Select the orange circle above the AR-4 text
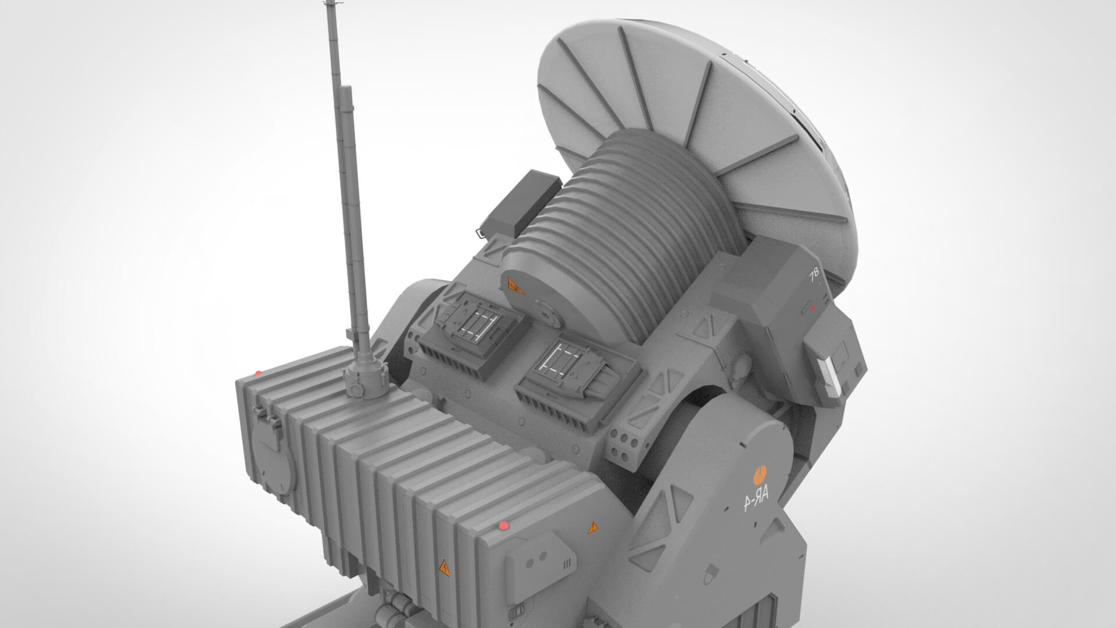(x=759, y=474)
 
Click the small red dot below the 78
(x=813, y=308)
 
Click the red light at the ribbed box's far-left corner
(x=258, y=372)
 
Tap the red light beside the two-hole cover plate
(x=503, y=526)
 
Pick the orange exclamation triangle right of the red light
(x=593, y=527)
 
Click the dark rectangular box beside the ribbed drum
(x=519, y=204)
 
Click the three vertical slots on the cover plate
(x=567, y=563)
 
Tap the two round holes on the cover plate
(x=538, y=556)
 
